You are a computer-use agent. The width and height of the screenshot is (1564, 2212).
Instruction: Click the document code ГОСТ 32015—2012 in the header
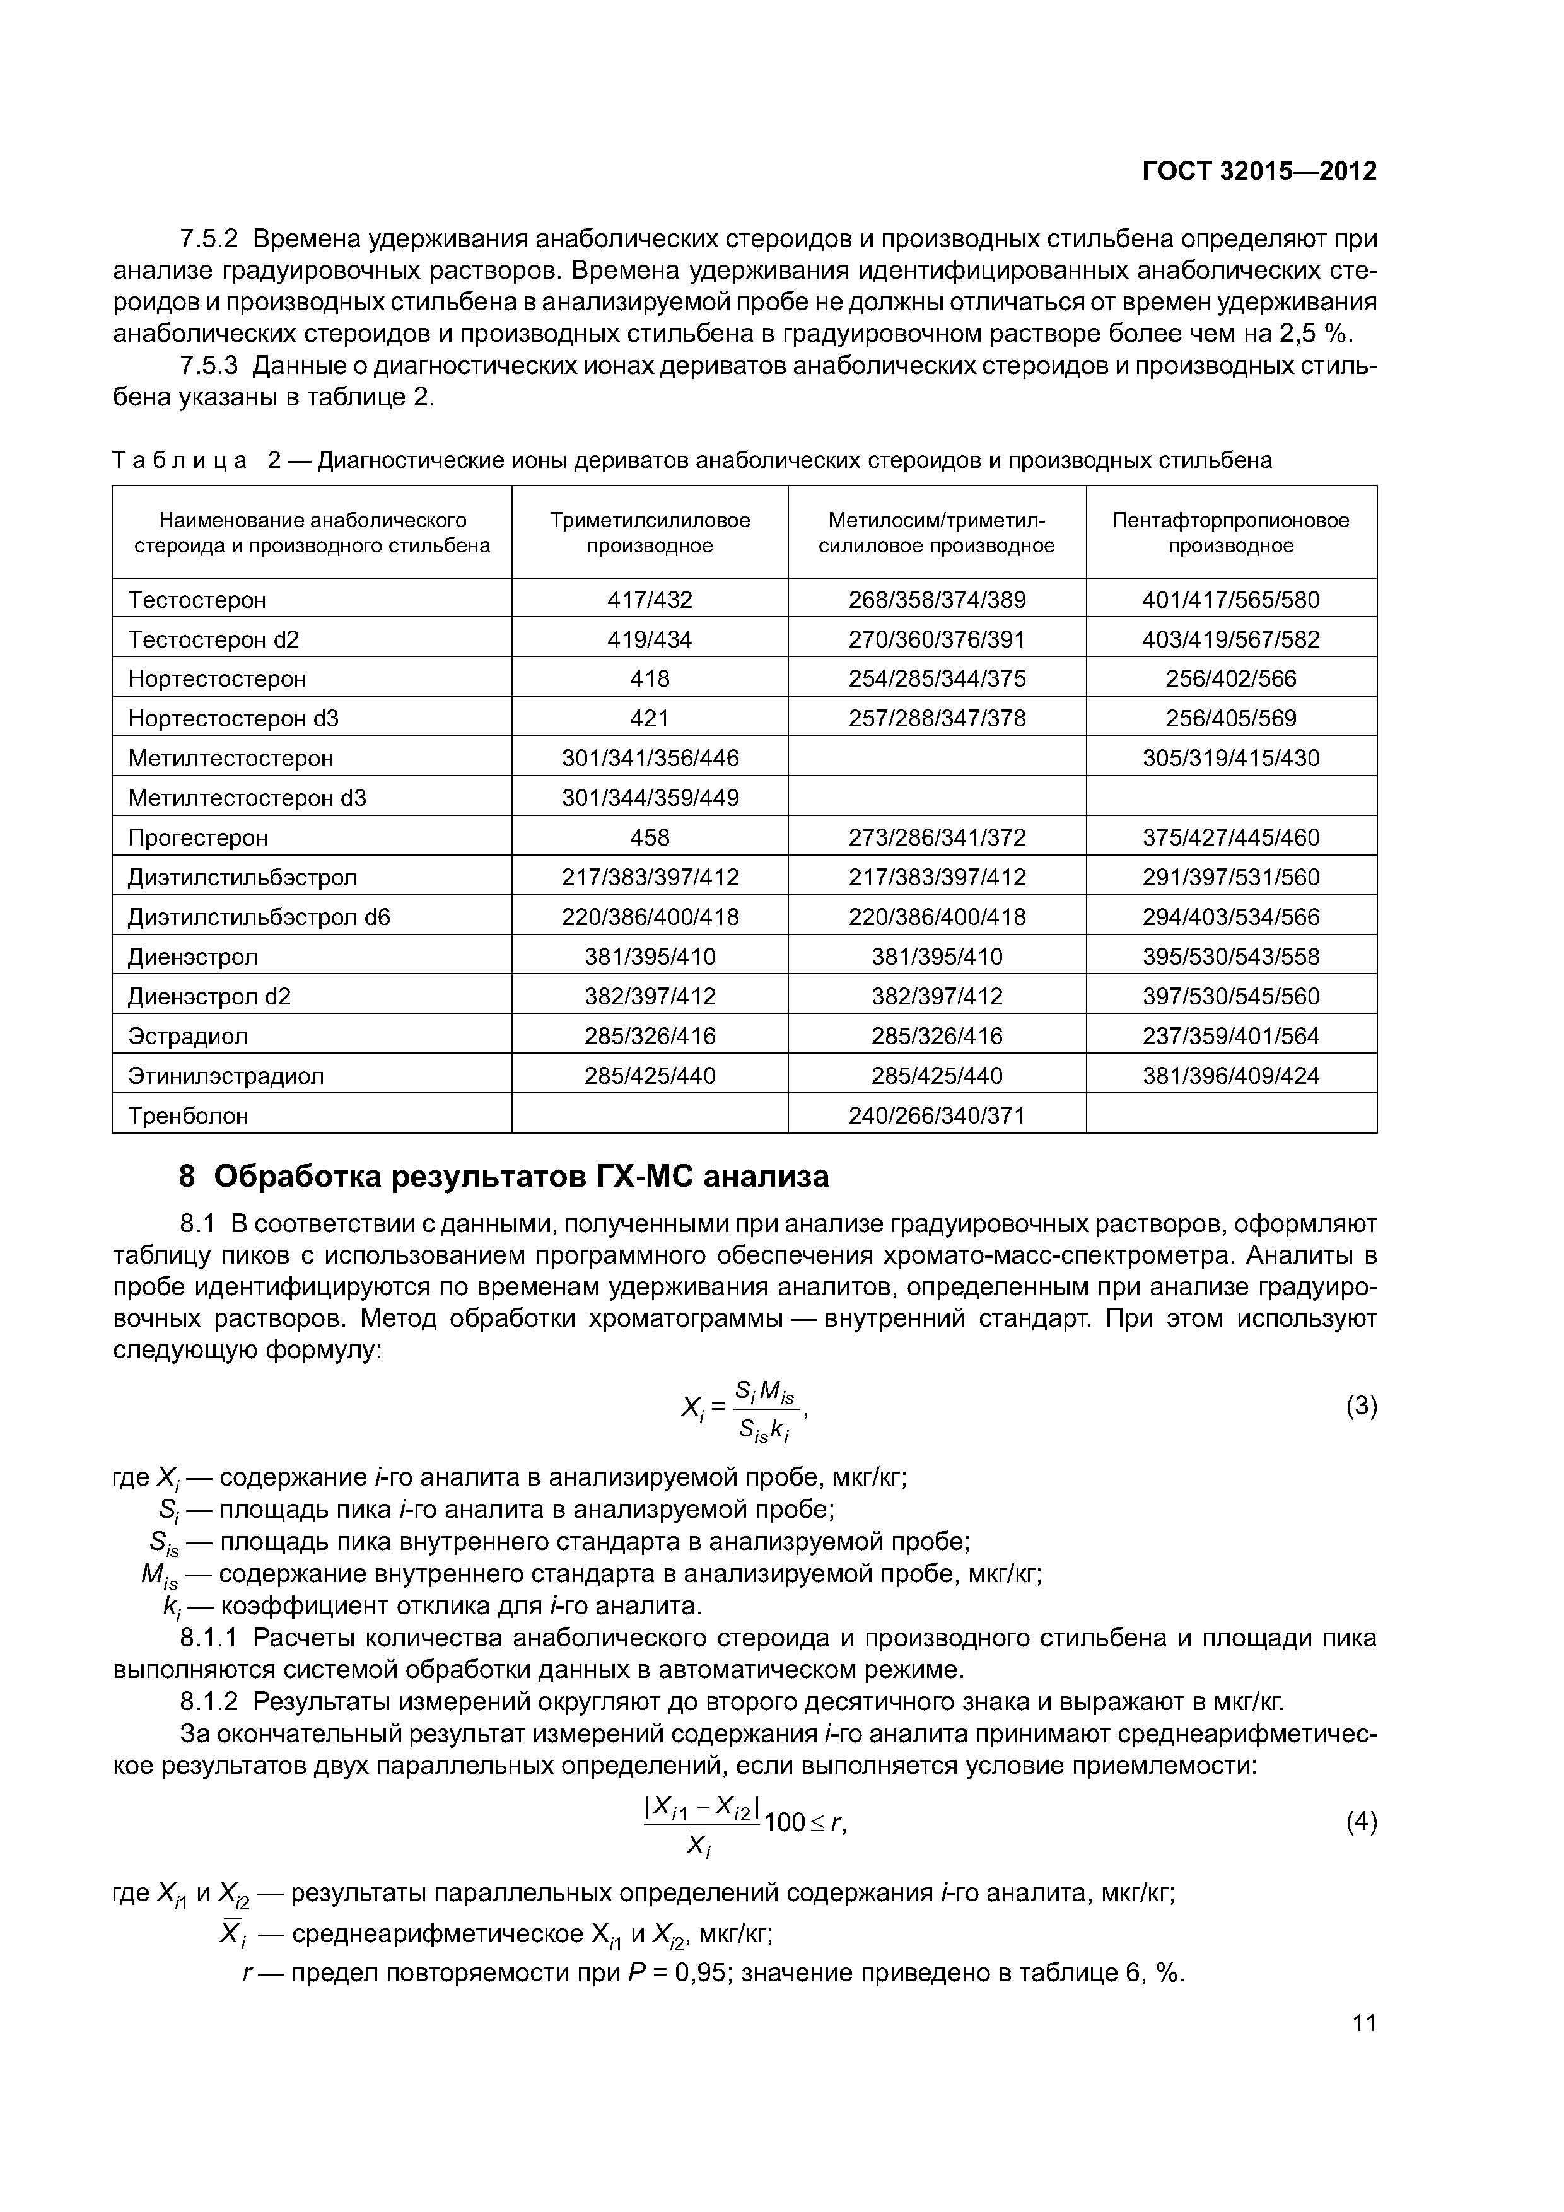pos(1259,172)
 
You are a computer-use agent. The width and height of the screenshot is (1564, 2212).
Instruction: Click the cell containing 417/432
pos(650,600)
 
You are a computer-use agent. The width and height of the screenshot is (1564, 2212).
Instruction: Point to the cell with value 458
pos(650,838)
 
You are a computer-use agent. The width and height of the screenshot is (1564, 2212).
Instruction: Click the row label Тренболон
pos(188,1115)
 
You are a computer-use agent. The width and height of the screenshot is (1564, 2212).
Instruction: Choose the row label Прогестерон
pos(197,838)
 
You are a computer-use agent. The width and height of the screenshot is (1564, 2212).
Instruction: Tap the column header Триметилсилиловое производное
pos(650,533)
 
